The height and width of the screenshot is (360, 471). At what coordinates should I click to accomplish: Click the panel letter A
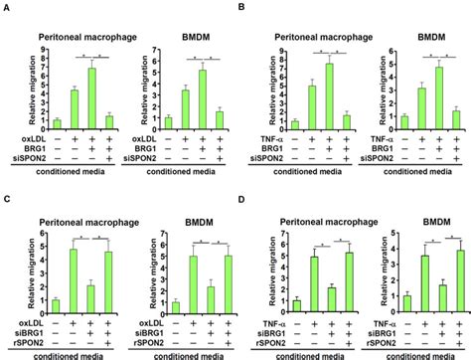click(x=6, y=8)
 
